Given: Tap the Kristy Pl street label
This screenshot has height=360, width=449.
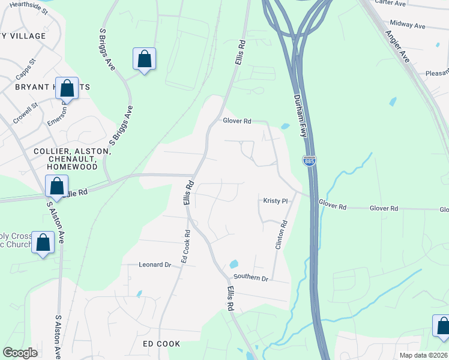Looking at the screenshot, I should pyautogui.click(x=276, y=200).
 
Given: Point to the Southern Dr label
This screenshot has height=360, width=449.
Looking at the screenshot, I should pyautogui.click(x=251, y=278).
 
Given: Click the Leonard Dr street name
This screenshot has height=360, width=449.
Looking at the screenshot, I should pyautogui.click(x=151, y=264).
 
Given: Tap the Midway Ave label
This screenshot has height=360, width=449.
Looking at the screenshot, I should pyautogui.click(x=407, y=25).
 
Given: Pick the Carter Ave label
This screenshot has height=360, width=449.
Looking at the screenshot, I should pyautogui.click(x=390, y=3).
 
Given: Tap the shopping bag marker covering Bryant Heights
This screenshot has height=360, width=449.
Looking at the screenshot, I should pyautogui.click(x=67, y=88).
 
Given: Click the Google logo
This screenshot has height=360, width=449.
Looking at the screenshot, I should pyautogui.click(x=20, y=353).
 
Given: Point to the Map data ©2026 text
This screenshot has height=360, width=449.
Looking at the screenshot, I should pyautogui.click(x=423, y=355).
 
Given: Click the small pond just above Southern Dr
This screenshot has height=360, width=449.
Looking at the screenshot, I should pyautogui.click(x=234, y=264).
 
